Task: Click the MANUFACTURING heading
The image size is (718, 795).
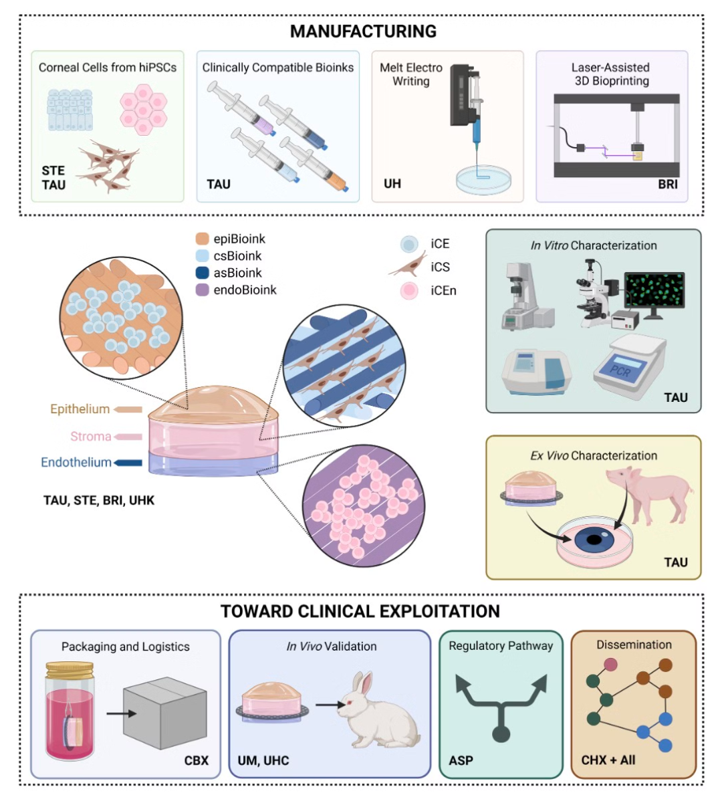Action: [x=363, y=31]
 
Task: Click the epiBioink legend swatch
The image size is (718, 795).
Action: [x=203, y=239]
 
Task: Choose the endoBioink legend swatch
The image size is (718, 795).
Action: [x=203, y=290]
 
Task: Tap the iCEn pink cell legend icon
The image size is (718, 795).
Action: [x=409, y=291]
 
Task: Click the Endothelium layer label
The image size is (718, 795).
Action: [x=76, y=463]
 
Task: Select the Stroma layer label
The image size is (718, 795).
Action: [x=91, y=437]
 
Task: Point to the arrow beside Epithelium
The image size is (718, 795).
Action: [x=128, y=409]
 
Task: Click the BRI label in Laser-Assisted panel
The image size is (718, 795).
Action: [x=667, y=184]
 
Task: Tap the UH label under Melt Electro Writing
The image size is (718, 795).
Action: [x=392, y=183]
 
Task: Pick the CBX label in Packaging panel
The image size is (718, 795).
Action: [x=197, y=760]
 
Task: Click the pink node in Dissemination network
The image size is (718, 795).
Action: [x=610, y=665]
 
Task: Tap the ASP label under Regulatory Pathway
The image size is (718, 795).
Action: [x=461, y=760]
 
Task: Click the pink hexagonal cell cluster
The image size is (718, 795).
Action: [x=143, y=109]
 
